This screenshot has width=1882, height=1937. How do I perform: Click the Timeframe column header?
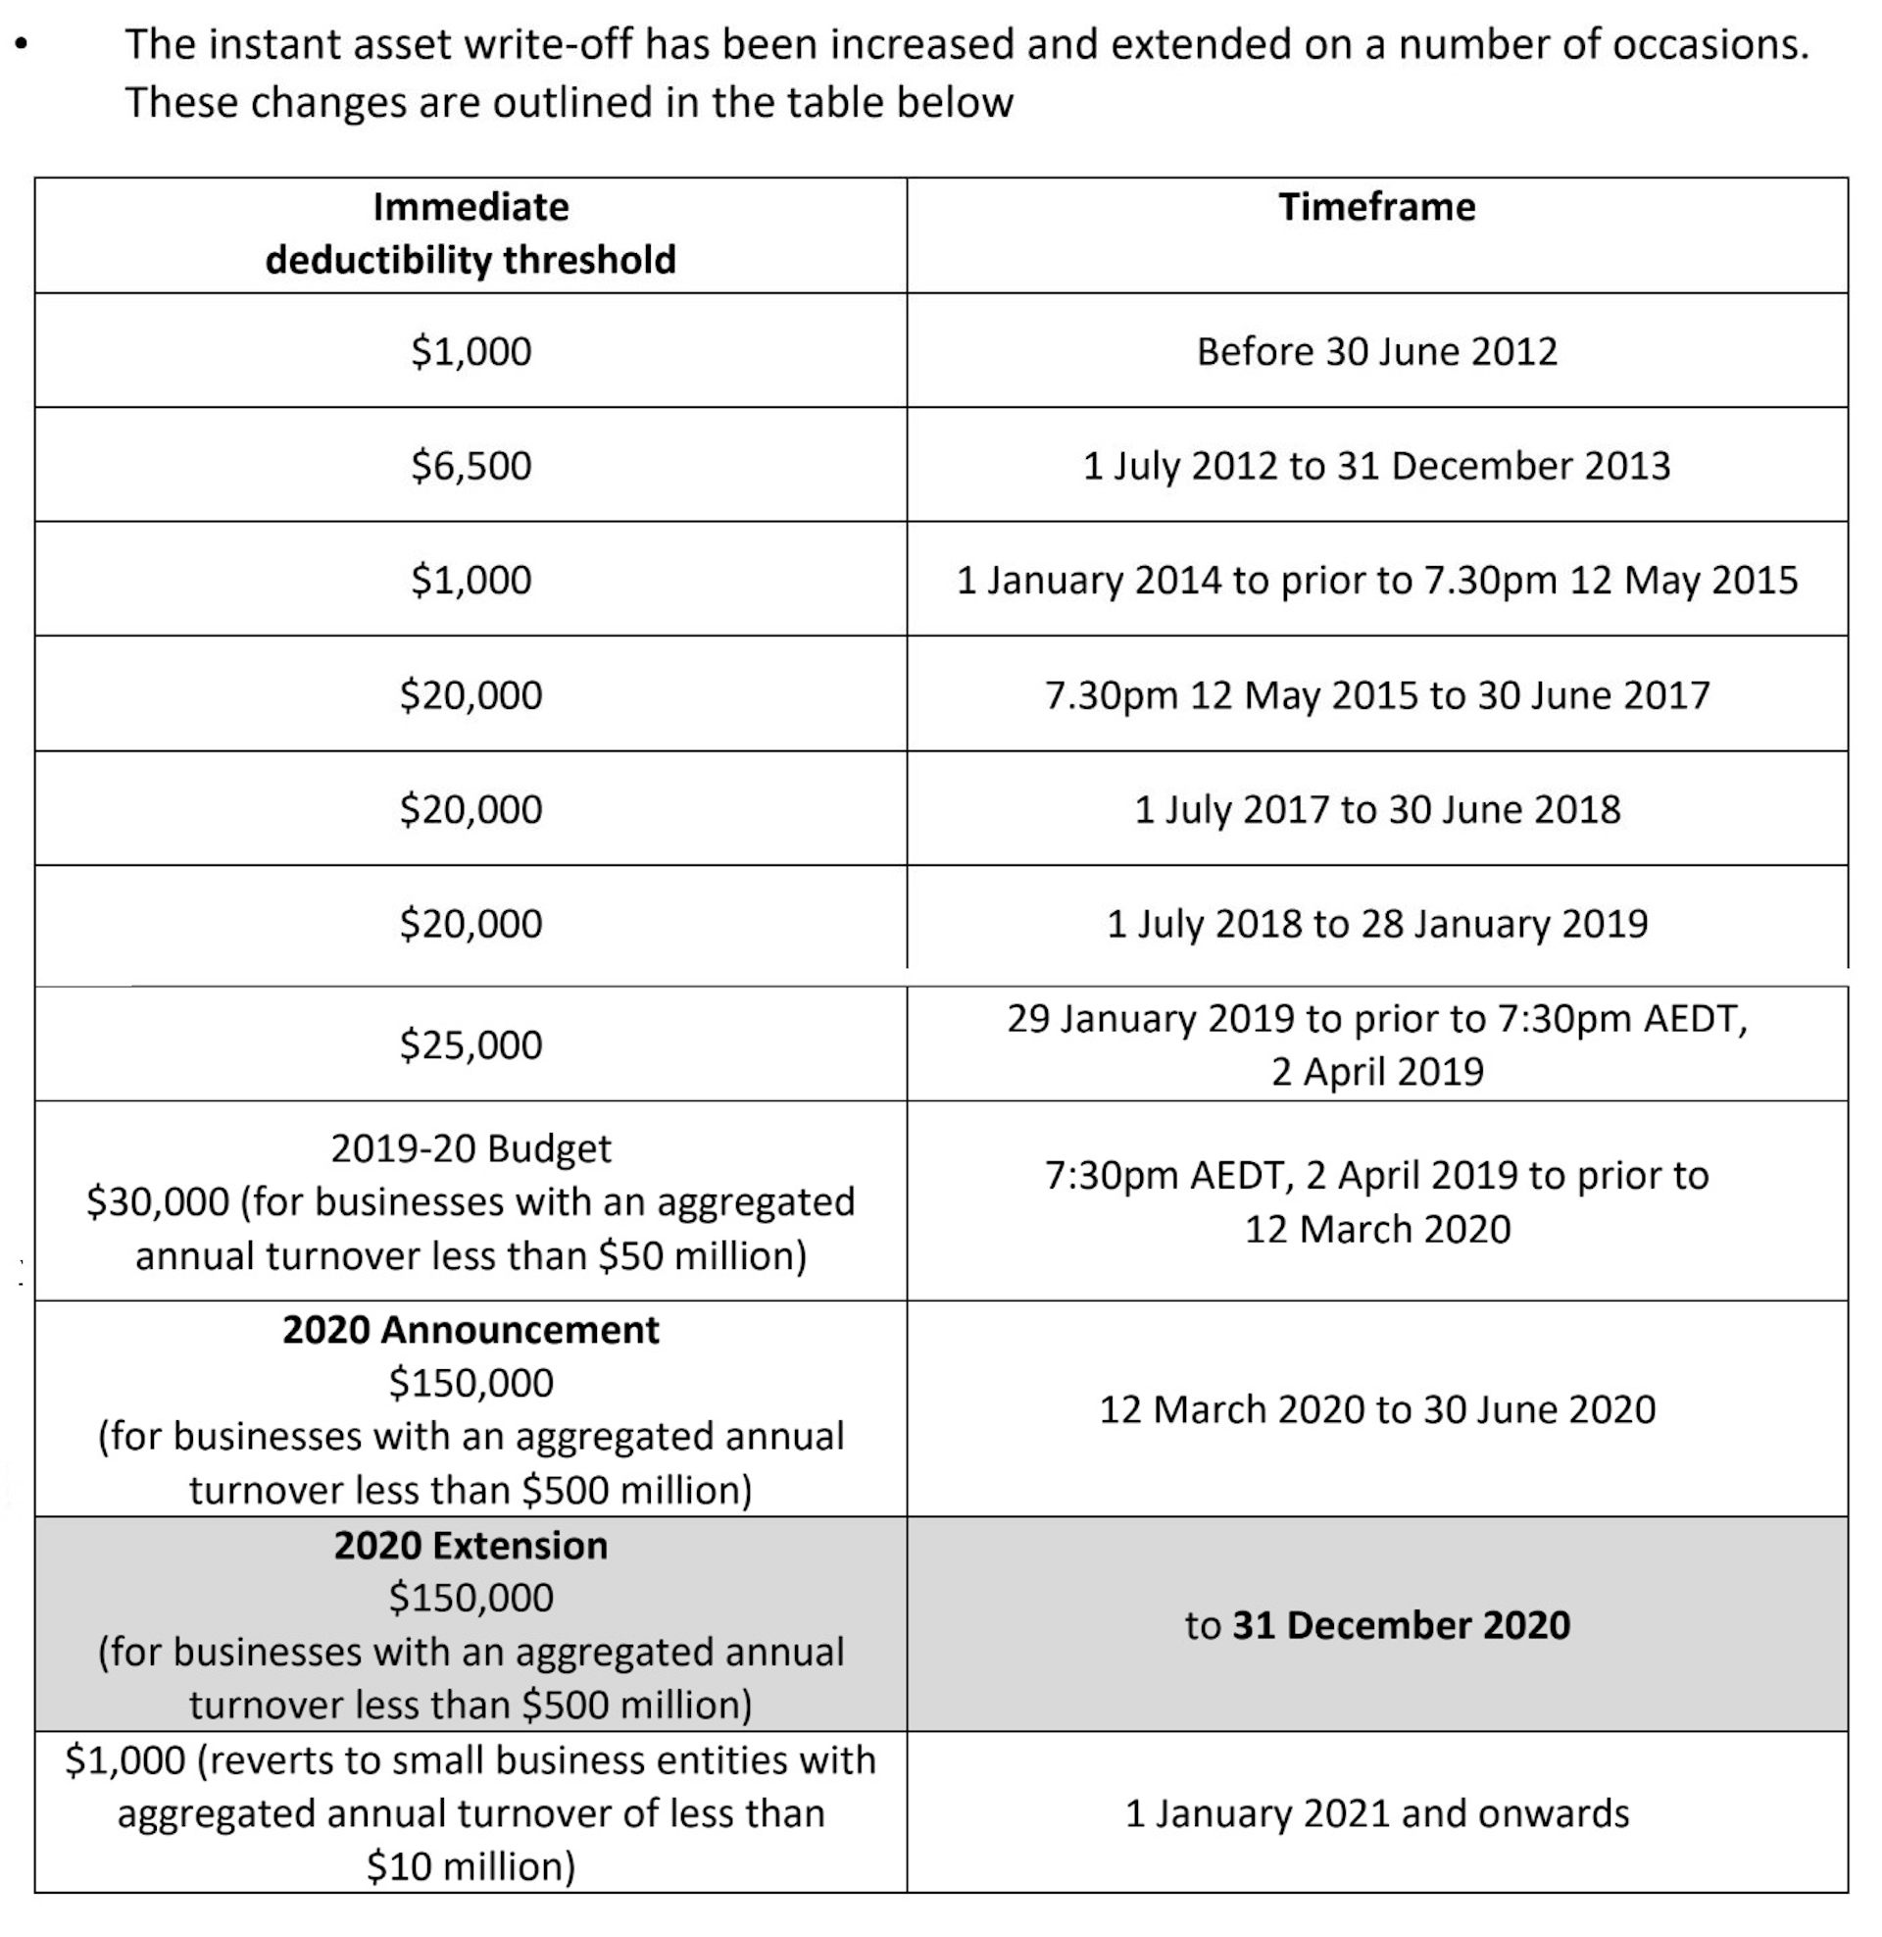[1376, 208]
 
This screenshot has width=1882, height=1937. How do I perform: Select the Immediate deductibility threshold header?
[470, 234]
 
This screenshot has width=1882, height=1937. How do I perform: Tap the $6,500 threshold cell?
[470, 466]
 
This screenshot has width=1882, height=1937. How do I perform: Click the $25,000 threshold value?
[470, 1045]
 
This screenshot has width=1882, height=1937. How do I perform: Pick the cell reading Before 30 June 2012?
[1376, 352]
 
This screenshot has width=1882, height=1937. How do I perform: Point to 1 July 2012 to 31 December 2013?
[1376, 466]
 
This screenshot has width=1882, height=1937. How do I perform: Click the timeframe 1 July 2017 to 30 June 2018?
[1376, 810]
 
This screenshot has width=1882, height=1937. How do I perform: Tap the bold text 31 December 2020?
[1401, 1625]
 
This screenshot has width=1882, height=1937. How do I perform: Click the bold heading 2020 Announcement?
[470, 1330]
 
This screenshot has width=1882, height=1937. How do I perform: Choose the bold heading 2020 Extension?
[470, 1546]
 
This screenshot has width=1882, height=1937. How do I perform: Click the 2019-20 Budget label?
[470, 1148]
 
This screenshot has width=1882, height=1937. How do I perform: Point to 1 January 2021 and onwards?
[1376, 1813]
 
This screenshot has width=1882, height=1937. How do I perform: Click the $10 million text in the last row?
[470, 1866]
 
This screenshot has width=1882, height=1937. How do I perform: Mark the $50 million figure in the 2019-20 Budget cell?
[702, 1255]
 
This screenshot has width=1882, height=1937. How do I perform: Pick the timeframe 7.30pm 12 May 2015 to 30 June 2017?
[1376, 695]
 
